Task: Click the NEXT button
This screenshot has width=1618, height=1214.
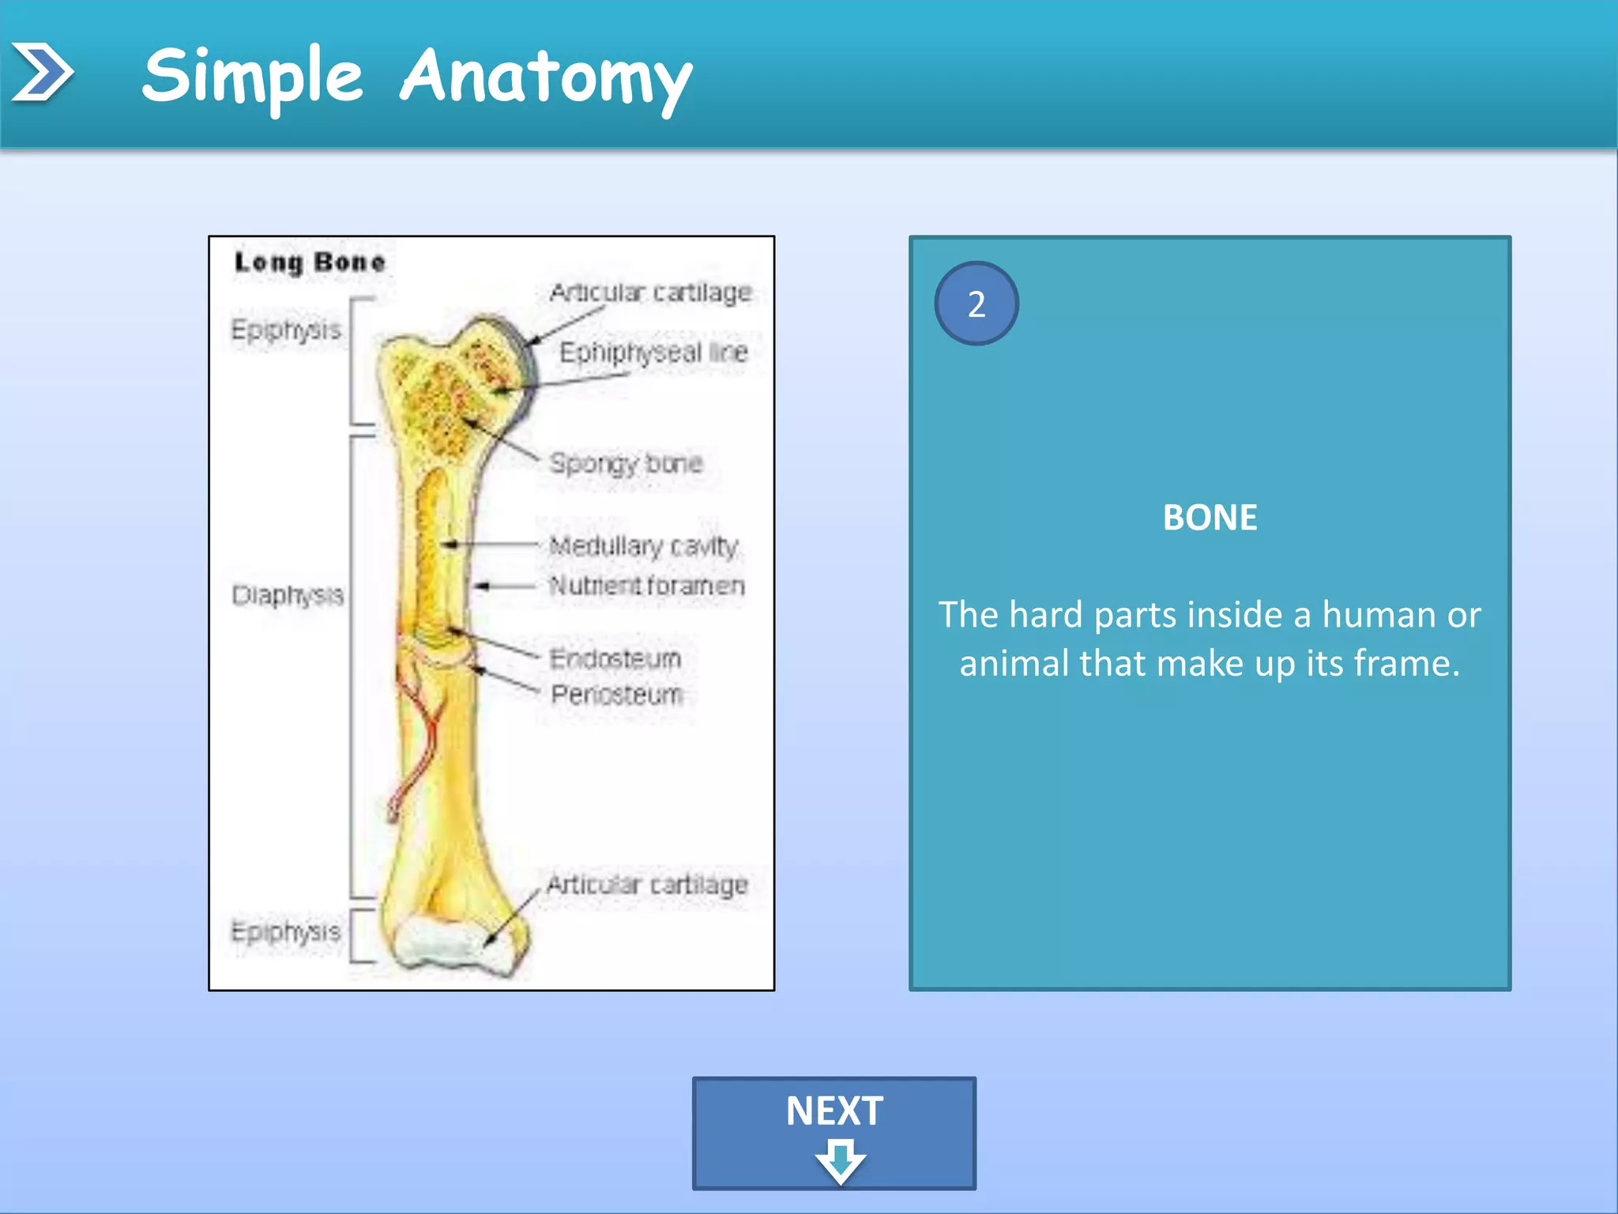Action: coord(833,1133)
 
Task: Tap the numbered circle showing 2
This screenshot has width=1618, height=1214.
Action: coord(976,303)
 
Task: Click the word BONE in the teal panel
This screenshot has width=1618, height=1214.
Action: coord(1210,518)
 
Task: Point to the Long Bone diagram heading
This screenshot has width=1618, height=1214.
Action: coord(310,262)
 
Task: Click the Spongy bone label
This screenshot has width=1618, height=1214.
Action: coord(626,463)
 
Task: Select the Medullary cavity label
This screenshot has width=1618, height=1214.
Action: coord(643,545)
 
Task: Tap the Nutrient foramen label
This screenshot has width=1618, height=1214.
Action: coord(647,586)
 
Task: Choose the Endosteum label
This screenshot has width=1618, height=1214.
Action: coord(615,658)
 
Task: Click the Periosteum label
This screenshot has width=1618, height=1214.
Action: coord(617,695)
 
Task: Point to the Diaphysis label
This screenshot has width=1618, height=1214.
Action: coord(288,594)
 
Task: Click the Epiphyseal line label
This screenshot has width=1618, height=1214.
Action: coord(653,353)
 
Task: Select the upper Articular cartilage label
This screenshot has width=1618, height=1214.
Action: coord(650,292)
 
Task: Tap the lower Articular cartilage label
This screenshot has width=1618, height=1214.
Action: coord(647,884)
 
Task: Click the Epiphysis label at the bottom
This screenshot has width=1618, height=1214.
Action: coord(286,931)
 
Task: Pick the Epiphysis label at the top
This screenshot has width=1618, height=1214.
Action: coord(286,330)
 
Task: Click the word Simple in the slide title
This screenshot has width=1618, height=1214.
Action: coord(253,77)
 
